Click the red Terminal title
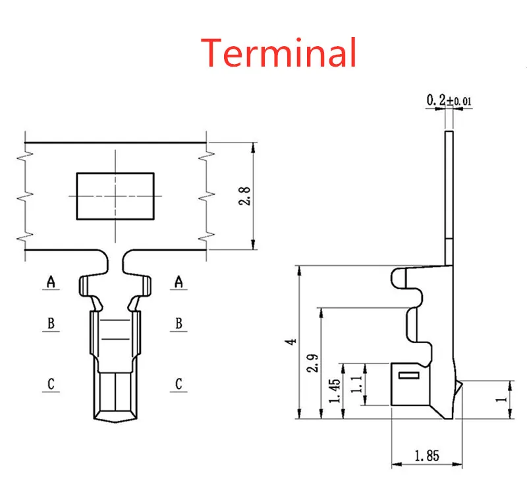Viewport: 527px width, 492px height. tap(279, 53)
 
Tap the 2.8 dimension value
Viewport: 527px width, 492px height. tap(244, 196)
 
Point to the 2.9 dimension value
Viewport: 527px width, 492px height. tap(312, 362)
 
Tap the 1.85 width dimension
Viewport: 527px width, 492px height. tap(426, 455)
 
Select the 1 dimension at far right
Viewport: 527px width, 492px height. tap(503, 399)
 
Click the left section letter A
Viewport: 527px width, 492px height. tap(51, 282)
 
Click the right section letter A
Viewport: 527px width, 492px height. tap(178, 282)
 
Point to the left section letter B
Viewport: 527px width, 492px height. tap(51, 323)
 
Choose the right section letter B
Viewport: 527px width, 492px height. tap(178, 323)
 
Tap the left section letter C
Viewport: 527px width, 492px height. tap(51, 384)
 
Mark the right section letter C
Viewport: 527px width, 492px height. tap(178, 384)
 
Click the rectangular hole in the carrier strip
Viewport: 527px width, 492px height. tap(115, 196)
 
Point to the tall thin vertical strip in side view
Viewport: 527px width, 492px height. tap(449, 191)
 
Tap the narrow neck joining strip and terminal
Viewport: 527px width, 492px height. tap(115, 264)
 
